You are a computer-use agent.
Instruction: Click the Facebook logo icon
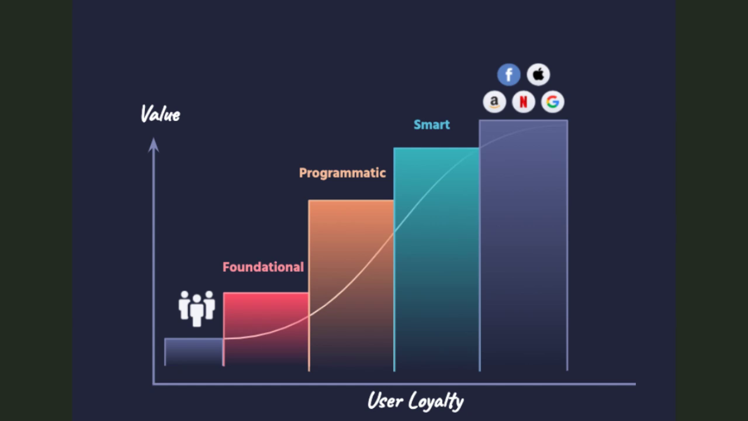point(508,74)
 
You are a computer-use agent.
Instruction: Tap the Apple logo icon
point(538,74)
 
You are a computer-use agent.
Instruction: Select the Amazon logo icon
point(494,102)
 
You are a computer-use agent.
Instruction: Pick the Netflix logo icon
point(524,102)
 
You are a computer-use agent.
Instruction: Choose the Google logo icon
point(553,102)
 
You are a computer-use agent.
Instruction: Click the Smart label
point(432,125)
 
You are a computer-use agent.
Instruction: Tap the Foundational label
point(263,267)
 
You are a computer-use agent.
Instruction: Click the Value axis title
point(160,114)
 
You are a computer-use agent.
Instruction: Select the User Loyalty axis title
point(415,401)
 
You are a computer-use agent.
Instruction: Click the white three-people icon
point(197,308)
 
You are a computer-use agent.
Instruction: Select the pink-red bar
point(266,329)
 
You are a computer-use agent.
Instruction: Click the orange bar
point(351,285)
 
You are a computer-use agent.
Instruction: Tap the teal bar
point(437,259)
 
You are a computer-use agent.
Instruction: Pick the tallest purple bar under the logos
point(524,245)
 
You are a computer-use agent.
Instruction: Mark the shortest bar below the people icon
point(193,352)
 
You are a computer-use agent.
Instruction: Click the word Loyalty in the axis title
point(436,401)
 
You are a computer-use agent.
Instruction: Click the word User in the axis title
point(385,400)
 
